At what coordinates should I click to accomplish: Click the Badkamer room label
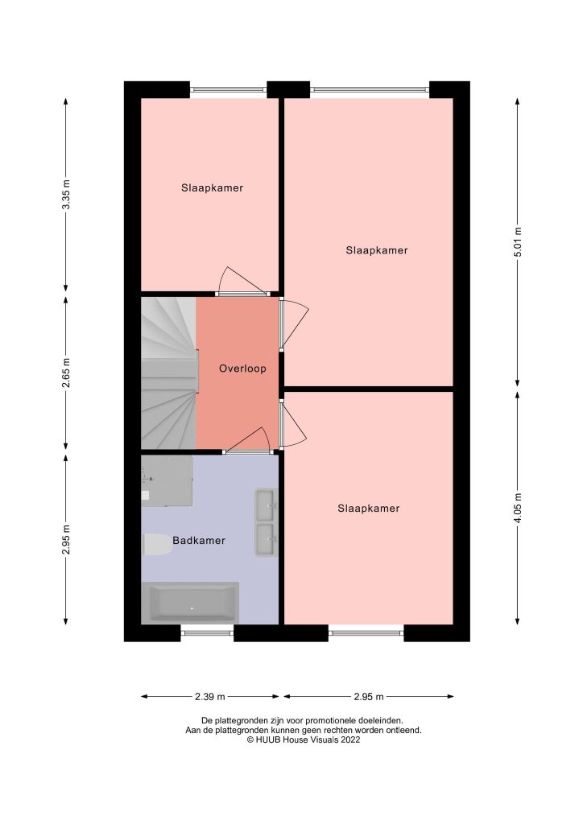click(198, 541)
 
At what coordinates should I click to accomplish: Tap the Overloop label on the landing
click(242, 369)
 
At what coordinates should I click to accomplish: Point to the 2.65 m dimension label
click(66, 373)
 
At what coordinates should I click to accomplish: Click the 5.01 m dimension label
click(518, 242)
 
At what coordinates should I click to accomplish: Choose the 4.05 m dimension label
click(518, 508)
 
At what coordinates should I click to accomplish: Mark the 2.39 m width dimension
click(210, 697)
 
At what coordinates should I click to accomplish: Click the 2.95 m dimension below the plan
click(368, 697)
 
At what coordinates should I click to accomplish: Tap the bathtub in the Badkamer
click(192, 603)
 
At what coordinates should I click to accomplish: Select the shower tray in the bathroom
click(167, 480)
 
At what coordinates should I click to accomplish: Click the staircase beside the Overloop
click(168, 373)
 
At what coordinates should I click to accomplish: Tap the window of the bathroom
click(206, 633)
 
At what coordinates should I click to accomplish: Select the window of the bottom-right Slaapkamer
click(366, 633)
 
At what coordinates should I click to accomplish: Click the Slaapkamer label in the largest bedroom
click(377, 250)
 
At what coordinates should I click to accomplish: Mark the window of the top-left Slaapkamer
click(228, 89)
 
